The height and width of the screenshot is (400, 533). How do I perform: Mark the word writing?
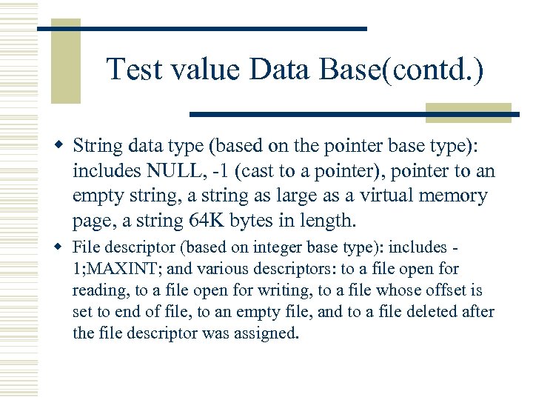(271, 290)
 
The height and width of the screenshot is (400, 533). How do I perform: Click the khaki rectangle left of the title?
(65, 63)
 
